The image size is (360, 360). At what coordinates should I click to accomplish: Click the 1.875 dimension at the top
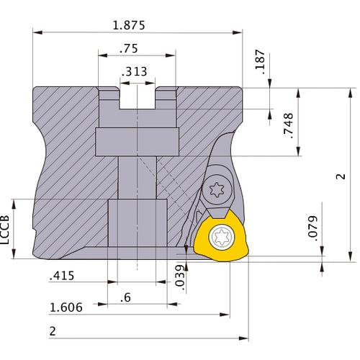(129, 24)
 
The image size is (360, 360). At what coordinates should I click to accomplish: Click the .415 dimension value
(63, 275)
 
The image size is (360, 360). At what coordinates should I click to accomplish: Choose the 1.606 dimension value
(66, 307)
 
